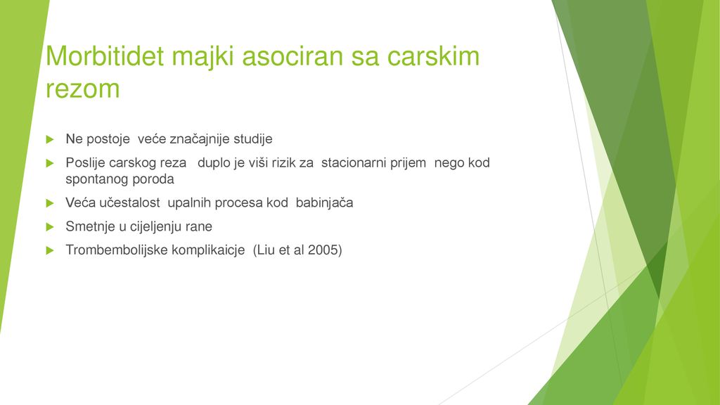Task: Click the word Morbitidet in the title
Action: (x=105, y=56)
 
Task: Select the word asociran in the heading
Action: (x=292, y=56)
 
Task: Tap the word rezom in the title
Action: (x=83, y=89)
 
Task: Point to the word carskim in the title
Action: (x=433, y=56)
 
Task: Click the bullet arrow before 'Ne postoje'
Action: (x=50, y=140)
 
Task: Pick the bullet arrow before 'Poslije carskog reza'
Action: (x=50, y=163)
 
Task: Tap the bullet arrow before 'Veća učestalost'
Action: (x=50, y=203)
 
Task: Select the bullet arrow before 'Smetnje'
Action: (x=50, y=227)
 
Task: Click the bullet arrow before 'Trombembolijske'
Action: (x=50, y=251)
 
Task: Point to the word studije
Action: (x=253, y=139)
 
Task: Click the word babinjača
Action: (x=324, y=203)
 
